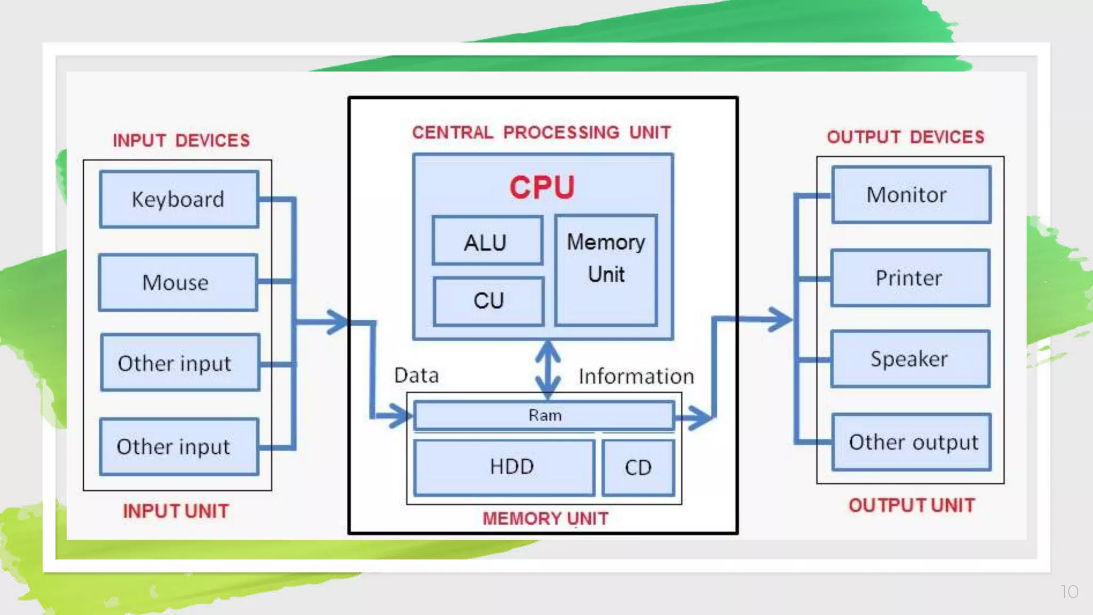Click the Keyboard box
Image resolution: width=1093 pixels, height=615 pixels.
tap(179, 200)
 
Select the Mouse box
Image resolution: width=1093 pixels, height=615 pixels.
tap(178, 282)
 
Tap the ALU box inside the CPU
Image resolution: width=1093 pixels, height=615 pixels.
tap(487, 241)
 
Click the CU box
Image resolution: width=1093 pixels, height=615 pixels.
tap(488, 301)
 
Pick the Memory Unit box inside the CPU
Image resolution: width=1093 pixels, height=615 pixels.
tap(606, 270)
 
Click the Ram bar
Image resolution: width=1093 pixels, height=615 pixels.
tap(544, 415)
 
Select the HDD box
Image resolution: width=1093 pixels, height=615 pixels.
tap(504, 467)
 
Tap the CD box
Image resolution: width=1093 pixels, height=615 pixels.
tap(638, 468)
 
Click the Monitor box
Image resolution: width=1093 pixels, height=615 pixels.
tap(910, 195)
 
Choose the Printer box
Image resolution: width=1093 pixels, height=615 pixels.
tap(910, 278)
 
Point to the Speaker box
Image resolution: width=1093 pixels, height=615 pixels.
tap(910, 359)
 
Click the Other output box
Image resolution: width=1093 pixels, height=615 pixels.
tap(912, 442)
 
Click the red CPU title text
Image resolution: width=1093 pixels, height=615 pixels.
tap(542, 187)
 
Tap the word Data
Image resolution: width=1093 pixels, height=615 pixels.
tap(416, 375)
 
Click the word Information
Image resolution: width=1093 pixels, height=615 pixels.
tap(636, 376)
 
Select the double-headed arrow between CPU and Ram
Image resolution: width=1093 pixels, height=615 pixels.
tap(548, 370)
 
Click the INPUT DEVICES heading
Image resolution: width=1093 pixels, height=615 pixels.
tap(181, 140)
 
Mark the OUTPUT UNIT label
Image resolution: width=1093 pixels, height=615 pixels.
tap(912, 505)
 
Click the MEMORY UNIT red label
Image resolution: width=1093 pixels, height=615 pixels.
tap(545, 518)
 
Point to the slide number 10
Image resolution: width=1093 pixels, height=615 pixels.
tap(1069, 592)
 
